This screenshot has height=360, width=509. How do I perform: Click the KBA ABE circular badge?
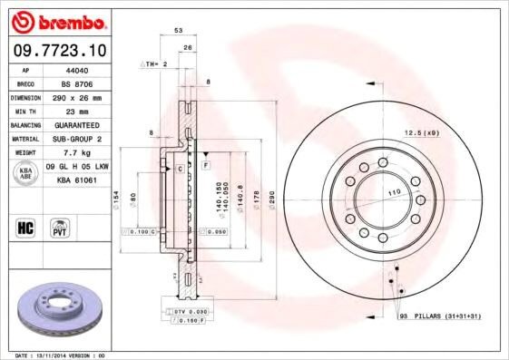[26, 174]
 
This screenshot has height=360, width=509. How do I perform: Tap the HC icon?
[25, 227]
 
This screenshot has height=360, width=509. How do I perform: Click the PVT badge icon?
[61, 227]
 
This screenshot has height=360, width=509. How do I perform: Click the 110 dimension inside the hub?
[395, 194]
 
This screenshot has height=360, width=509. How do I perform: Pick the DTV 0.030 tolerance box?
[185, 310]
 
